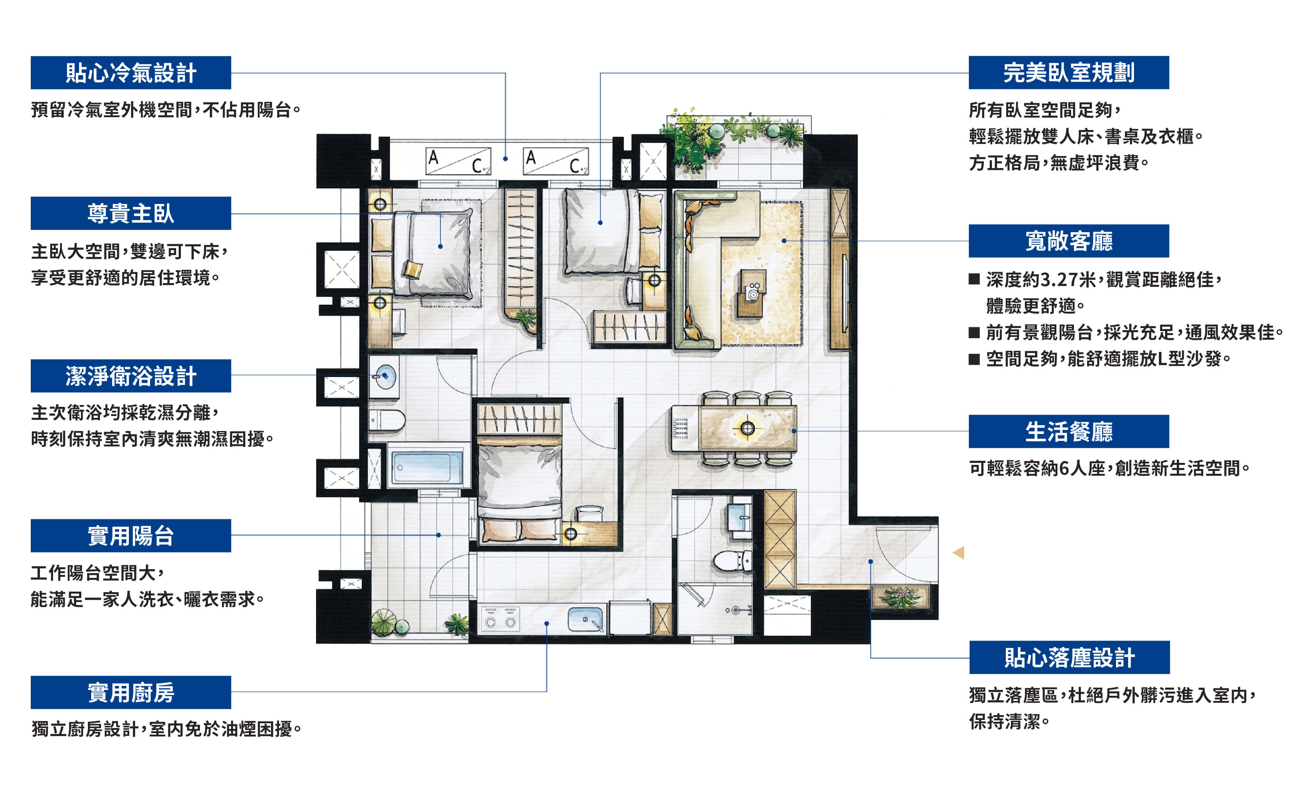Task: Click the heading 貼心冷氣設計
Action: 131,73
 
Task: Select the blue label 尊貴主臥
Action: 131,213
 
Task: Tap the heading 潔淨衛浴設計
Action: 131,376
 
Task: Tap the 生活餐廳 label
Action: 1069,432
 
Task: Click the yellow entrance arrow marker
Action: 958,553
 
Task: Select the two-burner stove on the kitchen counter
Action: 501,619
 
